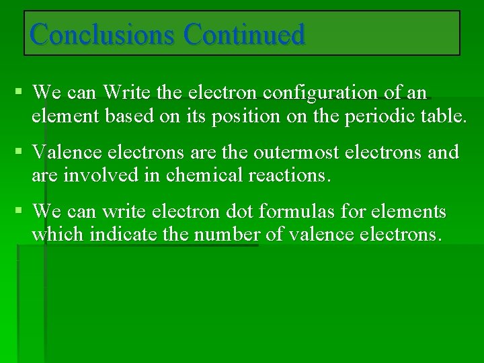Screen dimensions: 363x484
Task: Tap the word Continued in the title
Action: point(244,34)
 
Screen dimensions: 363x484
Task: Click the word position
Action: point(246,116)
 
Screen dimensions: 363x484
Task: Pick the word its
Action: point(198,116)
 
